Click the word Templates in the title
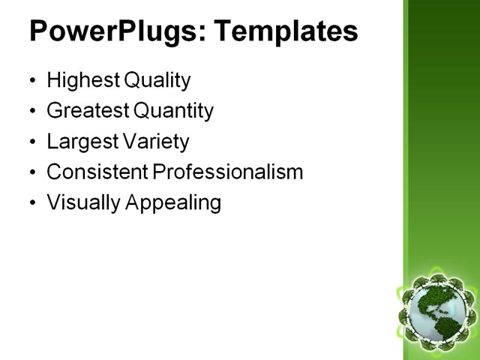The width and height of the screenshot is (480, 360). (286, 31)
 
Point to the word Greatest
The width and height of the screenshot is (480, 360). (87, 112)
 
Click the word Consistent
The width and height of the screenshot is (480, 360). (97, 172)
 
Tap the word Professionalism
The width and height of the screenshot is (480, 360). (228, 172)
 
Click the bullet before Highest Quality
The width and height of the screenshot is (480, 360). (31, 81)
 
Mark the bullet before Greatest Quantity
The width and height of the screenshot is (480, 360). (31, 112)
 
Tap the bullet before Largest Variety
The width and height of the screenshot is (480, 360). (31, 142)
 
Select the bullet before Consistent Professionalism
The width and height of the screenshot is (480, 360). (31, 172)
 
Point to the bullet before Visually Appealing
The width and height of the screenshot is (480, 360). (31, 202)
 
